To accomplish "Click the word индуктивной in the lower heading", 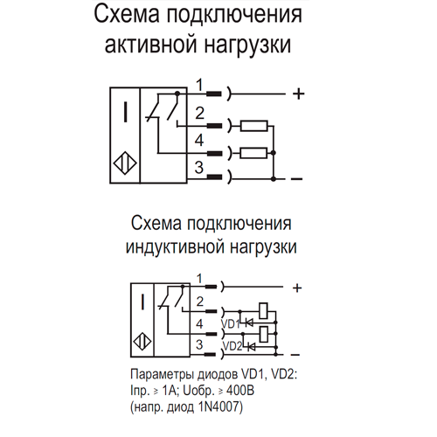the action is coord(175,246).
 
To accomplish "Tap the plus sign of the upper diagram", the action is coord(298,94).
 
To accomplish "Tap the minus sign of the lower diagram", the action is coord(295,355).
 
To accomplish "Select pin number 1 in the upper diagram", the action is coord(199,85).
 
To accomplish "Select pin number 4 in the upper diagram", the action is coord(199,141).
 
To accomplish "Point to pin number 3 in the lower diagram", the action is coord(199,344).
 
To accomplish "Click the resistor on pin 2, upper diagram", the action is coord(253,126).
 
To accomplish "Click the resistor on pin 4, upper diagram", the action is coord(253,153).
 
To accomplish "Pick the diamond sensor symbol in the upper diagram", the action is coord(125,163).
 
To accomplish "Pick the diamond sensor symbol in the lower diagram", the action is coord(142,341).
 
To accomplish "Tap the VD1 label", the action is coord(231,323).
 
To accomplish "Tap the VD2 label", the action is coord(232,346).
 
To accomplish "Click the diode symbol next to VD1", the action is coord(249,323).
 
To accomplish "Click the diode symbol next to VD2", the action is coord(251,347).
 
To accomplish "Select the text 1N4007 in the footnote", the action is coord(218,406).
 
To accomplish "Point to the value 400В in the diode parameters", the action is coord(240,391).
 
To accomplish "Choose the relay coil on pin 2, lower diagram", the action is coord(263,311).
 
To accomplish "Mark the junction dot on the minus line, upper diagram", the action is coord(274,178).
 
